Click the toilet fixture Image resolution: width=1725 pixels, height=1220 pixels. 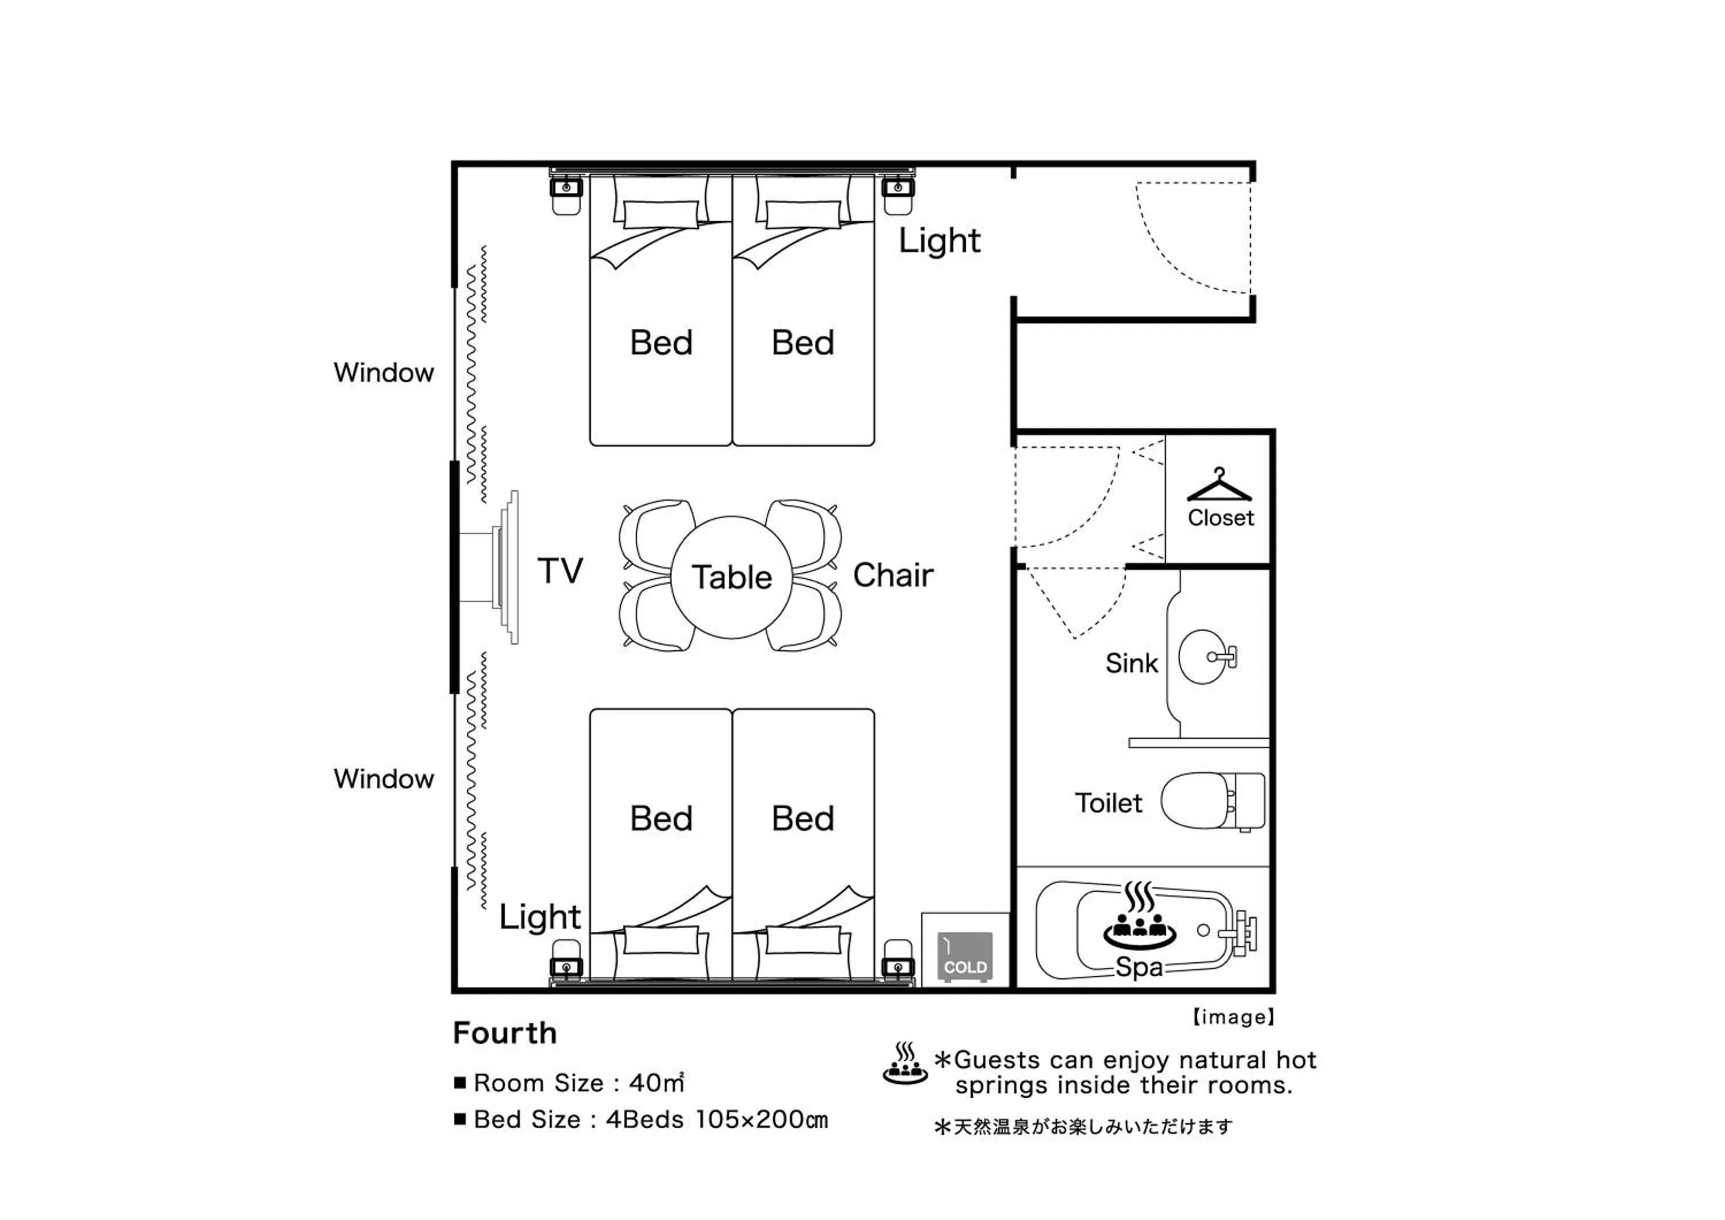(x=1213, y=800)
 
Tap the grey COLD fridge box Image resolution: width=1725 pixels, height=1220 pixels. (x=965, y=957)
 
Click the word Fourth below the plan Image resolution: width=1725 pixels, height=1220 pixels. (x=505, y=1033)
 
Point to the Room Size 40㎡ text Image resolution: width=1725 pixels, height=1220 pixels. (x=578, y=1082)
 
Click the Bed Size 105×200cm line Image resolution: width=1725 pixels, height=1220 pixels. (x=651, y=1119)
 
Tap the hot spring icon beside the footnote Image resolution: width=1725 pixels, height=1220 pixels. (x=905, y=1063)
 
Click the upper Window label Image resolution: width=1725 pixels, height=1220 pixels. (x=384, y=372)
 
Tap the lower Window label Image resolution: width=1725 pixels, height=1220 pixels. (x=384, y=779)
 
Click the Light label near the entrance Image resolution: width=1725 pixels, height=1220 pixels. (x=940, y=241)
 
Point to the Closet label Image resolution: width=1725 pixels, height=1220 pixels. (x=1221, y=518)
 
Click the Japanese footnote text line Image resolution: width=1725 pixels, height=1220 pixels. (x=1083, y=1127)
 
